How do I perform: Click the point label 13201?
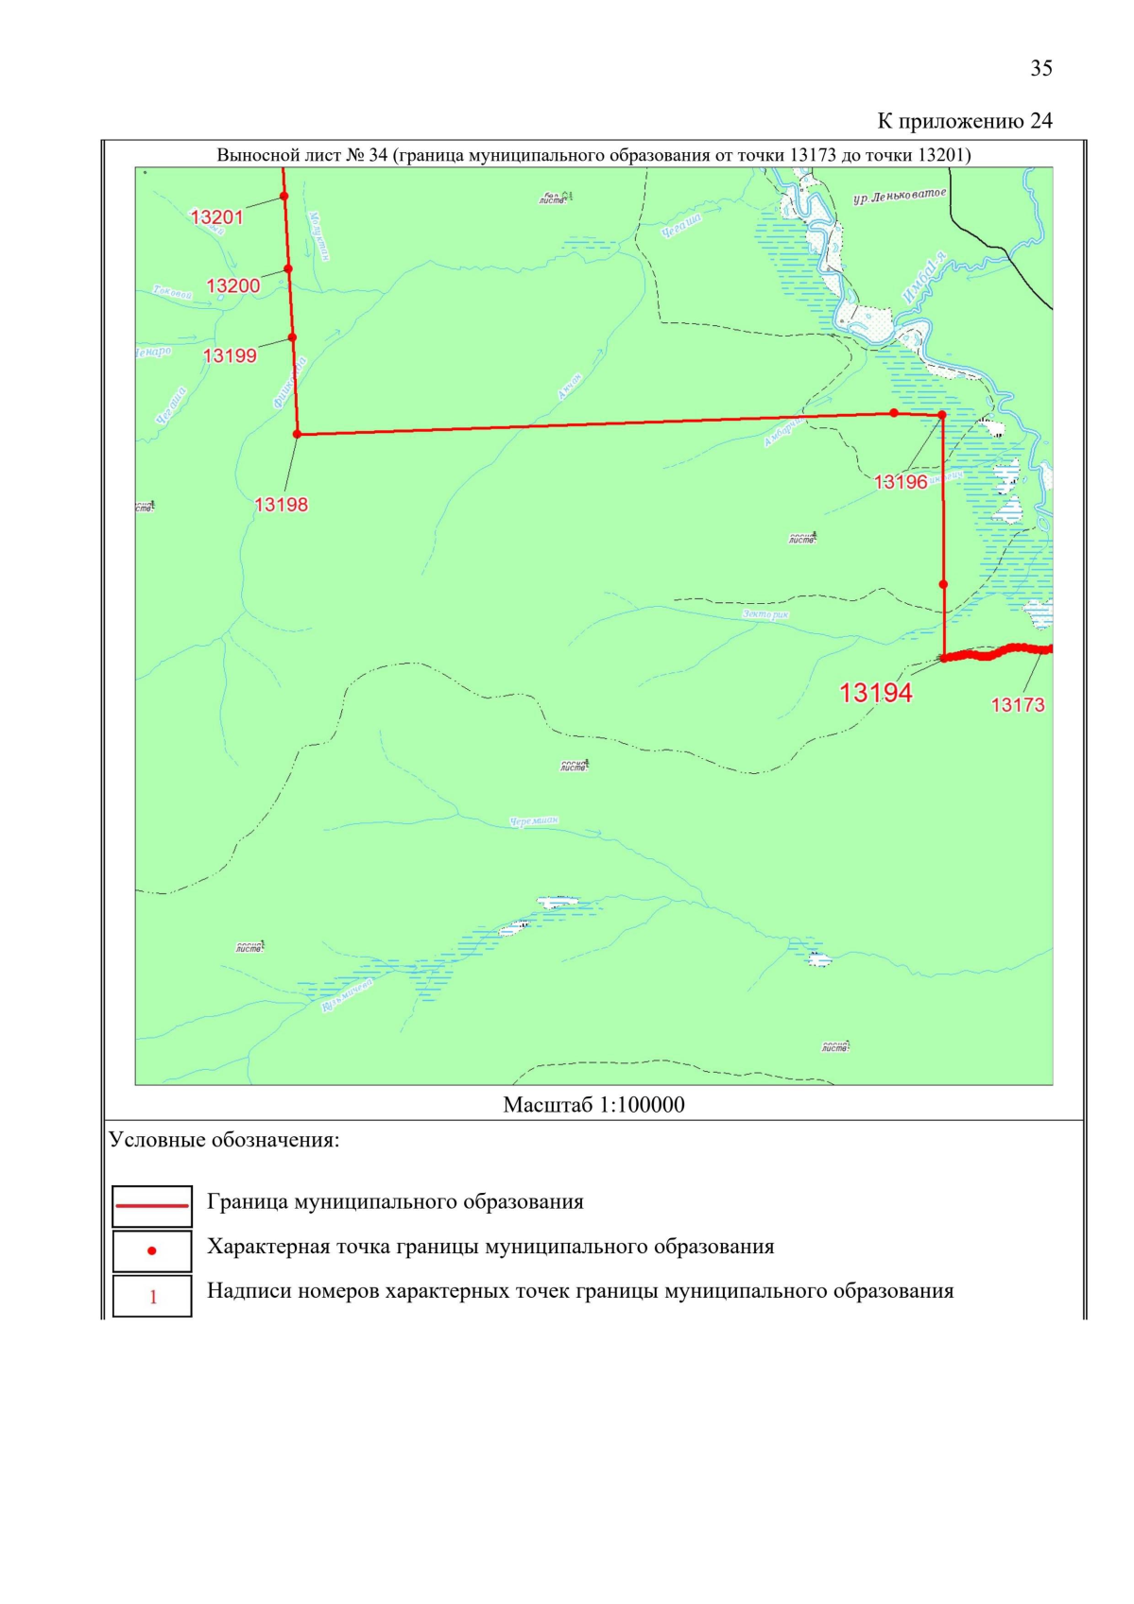tap(216, 217)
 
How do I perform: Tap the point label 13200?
tap(232, 285)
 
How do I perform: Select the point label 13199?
tap(230, 355)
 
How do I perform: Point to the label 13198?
tap(281, 505)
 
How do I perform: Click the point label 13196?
tap(901, 482)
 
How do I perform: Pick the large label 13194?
tap(875, 693)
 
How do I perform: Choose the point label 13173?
tap(1017, 704)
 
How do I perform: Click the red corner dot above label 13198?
tap(298, 434)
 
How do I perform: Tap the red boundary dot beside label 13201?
tap(283, 197)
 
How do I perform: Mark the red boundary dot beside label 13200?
tap(288, 268)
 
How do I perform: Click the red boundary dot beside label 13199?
tap(292, 337)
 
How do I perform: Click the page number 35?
tap(1040, 68)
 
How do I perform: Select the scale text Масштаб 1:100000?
tap(593, 1104)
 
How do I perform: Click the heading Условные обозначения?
tap(224, 1140)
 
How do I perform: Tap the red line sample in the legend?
tap(152, 1206)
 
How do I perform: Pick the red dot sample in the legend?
tap(152, 1251)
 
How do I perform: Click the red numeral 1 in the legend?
tap(153, 1297)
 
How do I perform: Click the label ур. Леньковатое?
tap(898, 197)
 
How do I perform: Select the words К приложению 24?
tap(964, 121)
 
